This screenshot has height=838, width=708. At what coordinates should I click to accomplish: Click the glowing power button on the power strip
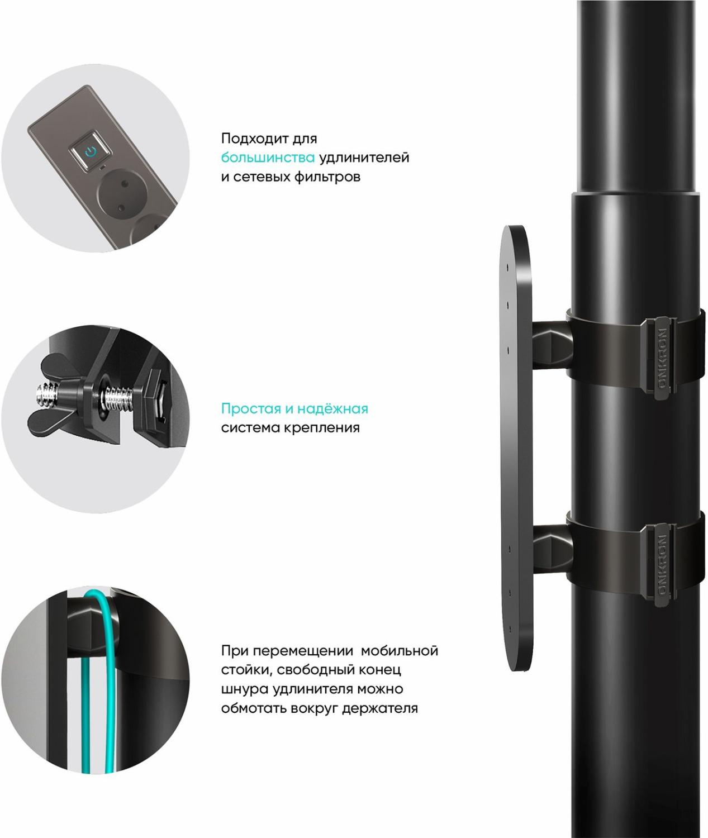point(91,152)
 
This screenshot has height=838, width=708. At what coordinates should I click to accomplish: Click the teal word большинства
point(268,158)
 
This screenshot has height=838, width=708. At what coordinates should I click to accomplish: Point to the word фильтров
point(327,177)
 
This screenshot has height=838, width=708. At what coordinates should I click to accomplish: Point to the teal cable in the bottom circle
point(111,682)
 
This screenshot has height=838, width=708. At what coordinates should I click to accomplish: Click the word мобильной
point(400,650)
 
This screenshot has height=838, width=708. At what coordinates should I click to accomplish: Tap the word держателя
point(379,708)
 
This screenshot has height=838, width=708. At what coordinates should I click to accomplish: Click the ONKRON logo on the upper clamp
point(662,359)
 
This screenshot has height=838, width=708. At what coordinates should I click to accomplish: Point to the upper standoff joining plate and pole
point(552,346)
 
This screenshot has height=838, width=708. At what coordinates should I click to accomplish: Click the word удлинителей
point(364,158)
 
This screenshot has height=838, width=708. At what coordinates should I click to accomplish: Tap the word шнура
point(245,689)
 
